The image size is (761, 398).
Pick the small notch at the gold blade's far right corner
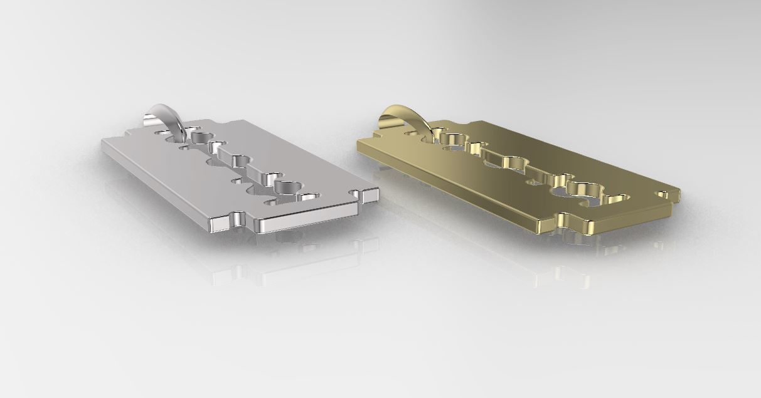(663, 195)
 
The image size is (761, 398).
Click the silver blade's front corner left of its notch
(216, 223)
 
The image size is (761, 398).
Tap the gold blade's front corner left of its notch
(543, 223)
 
